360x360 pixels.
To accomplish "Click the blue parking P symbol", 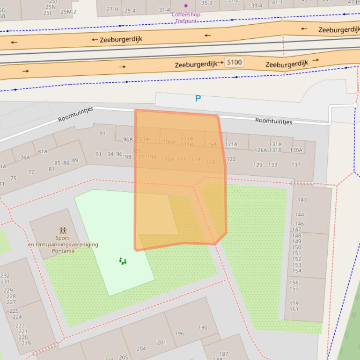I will pos(198,99).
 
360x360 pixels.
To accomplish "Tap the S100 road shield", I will pos(234,62).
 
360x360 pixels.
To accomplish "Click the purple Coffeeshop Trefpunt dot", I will pos(186,6).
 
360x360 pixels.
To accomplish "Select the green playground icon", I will pos(123,261).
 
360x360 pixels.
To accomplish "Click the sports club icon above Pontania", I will pos(63,230).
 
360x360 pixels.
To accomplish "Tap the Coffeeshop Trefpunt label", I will pos(185,17).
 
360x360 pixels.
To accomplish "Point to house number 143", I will pos(302,200).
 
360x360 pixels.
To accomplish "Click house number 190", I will pos(203,328).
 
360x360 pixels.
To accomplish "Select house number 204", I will pos(141,348).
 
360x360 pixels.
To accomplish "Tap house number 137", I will pos(296,165).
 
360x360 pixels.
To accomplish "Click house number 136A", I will pos(296,150).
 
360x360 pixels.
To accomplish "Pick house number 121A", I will pos(231,144).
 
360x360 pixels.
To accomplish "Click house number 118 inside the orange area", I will pos(211,162).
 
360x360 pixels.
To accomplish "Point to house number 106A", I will pos(169,142).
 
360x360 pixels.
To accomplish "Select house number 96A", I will pos(128,139).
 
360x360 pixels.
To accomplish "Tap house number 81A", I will pos(43,151).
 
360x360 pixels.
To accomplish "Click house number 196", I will pos(179,334).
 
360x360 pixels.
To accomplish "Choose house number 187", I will pos(224,354).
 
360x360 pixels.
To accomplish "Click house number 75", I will pos(13,178).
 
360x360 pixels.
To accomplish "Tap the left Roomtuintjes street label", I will pos(75,114).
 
